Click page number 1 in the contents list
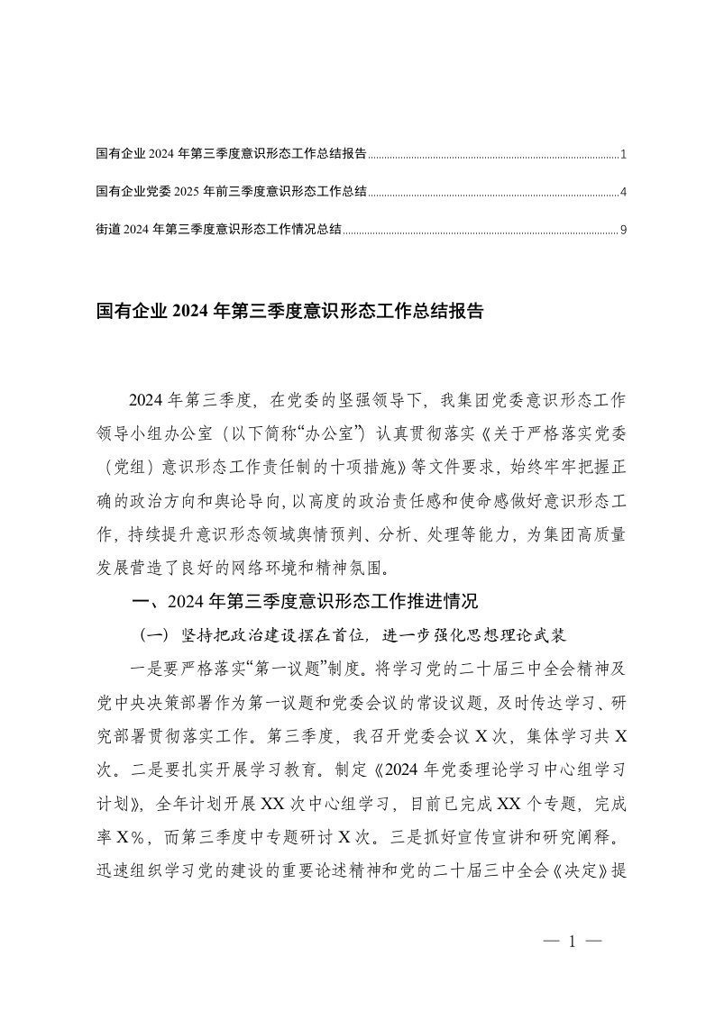(623, 155)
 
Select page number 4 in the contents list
(623, 193)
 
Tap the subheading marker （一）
(153, 635)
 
